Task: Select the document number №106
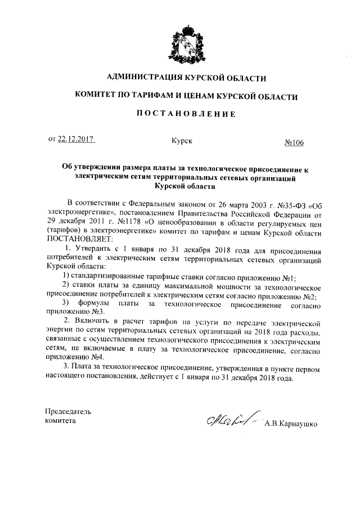(x=293, y=143)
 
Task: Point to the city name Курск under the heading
(x=182, y=141)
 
